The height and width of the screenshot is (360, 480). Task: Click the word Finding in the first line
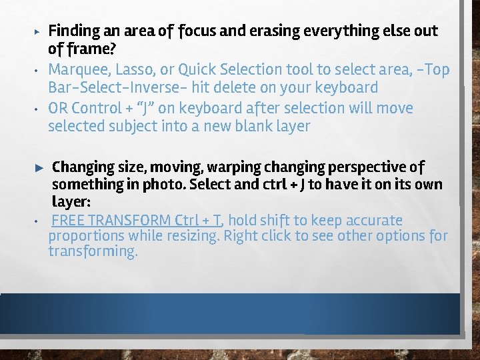pyautogui.click(x=74, y=31)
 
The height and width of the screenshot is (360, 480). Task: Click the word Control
pyautogui.click(x=99, y=108)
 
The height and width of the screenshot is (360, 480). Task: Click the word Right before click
pyautogui.click(x=240, y=236)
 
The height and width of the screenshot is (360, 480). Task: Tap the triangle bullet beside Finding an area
pyautogui.click(x=37, y=31)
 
